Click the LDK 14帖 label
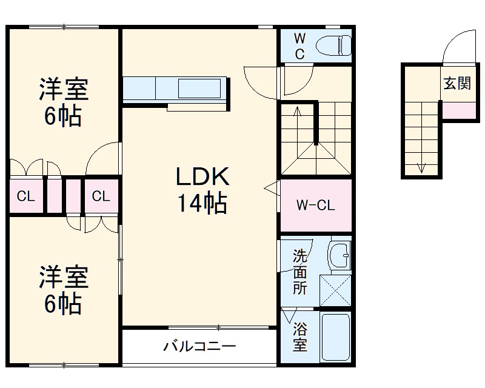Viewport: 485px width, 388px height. pos(202,190)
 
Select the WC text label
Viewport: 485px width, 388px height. pos(299,46)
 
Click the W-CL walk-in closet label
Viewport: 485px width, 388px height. pos(315,206)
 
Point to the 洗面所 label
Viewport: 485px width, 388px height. pos(299,272)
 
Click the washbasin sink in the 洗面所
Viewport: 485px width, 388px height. pos(339,255)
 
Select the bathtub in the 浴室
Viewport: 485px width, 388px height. pos(335,338)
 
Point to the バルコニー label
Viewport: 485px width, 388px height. pos(199,347)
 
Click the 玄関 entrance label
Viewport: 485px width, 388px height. pos(457,84)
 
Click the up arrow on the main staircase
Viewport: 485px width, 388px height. pos(297,112)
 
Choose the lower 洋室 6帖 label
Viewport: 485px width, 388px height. pos(63,290)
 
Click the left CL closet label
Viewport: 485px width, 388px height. pos(25,196)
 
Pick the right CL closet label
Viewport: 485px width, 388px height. pos(101,196)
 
